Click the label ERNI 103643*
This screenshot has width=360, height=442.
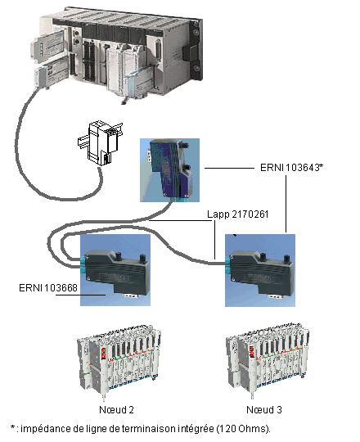291,168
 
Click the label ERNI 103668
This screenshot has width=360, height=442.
48,288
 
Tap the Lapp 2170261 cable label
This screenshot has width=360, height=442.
238,214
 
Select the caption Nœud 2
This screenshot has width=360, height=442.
116,409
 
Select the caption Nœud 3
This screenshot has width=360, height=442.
264,409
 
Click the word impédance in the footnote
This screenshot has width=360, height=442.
46,429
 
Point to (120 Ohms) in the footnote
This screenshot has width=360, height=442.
244,429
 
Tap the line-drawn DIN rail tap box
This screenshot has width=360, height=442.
101,142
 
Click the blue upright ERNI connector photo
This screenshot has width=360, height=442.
170,170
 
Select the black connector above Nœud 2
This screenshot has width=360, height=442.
116,272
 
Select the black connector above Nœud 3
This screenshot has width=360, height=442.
261,272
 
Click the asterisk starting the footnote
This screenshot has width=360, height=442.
12,427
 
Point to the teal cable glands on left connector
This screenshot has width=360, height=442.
83,265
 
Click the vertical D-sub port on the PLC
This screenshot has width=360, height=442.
159,50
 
